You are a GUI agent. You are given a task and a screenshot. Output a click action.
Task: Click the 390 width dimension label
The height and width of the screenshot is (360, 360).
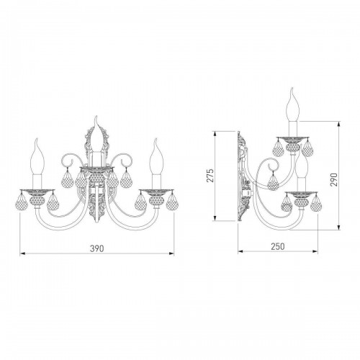pos(97,248)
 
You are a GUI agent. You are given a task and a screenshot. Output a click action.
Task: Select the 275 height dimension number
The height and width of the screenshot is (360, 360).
pos(210,176)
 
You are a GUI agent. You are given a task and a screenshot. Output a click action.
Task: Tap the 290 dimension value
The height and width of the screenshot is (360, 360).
pos(334,179)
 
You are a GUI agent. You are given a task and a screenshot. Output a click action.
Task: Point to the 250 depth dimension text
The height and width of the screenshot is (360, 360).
pos(278,246)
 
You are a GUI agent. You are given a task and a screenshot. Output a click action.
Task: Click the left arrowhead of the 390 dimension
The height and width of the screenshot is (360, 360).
pos(22,253)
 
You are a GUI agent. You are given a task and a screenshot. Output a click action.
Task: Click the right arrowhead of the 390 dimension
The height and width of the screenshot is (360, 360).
pos(171,253)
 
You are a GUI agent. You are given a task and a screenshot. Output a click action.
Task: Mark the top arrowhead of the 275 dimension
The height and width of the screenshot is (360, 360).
pos(215,134)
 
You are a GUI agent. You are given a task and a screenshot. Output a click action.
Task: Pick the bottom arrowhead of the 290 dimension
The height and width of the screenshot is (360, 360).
pos(339,227)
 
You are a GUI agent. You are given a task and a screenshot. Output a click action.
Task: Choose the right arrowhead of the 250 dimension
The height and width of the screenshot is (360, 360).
pos(315,251)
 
